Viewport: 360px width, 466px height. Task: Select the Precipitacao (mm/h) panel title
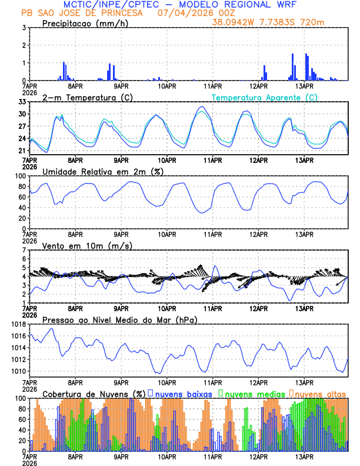(82, 23)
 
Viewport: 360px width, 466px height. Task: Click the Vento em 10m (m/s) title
(87, 245)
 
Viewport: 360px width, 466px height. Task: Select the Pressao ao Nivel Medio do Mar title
(119, 319)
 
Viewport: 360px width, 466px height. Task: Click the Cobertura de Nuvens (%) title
(94, 394)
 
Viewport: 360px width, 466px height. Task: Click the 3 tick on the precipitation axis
(24, 28)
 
